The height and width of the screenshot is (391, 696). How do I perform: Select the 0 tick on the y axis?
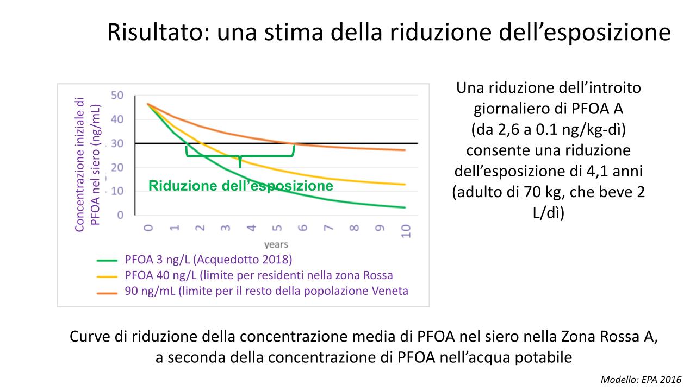tap(120, 215)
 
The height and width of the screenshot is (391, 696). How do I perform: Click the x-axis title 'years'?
tap(276, 244)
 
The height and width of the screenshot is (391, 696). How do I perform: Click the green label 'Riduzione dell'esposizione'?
tap(241, 186)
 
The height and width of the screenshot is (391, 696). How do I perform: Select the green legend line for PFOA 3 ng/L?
tap(108, 260)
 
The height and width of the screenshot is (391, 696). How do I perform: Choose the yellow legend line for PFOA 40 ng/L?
tap(108, 275)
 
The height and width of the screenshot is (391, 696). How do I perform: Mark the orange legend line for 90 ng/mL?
tap(108, 292)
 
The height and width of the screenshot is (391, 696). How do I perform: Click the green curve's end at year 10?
tap(405, 207)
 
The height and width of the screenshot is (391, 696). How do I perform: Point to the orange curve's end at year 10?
tap(405, 150)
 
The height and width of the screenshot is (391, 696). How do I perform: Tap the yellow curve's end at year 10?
tap(405, 185)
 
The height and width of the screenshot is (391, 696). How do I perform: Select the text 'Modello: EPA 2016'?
tap(640, 380)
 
